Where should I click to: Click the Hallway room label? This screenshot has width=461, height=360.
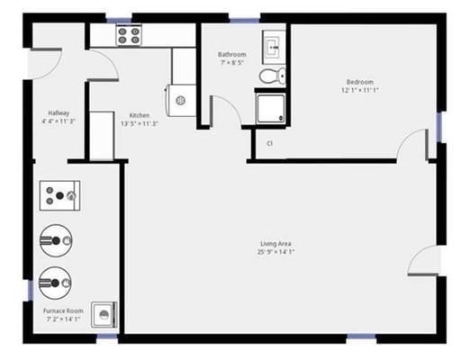[x=59, y=113]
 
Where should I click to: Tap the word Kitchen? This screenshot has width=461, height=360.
[x=139, y=115]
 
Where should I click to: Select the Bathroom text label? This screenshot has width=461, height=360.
[x=231, y=55]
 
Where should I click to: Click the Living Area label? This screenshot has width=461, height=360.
[x=276, y=244]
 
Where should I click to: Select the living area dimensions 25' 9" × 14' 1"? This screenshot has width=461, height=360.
[x=276, y=253]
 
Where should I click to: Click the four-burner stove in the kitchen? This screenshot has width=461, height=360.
[x=129, y=35]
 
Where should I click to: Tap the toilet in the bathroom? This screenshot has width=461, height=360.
[x=270, y=76]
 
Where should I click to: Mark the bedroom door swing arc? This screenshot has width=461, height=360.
[x=416, y=144]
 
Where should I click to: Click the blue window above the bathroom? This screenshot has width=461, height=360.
[x=243, y=19]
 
